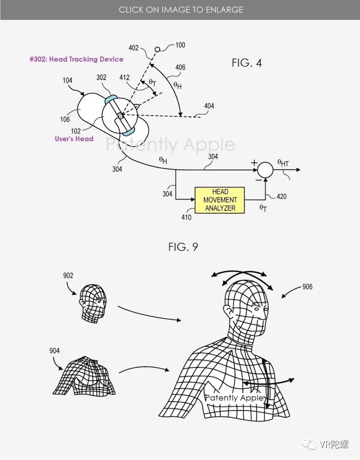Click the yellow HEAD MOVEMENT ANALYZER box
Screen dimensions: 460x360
(x=220, y=200)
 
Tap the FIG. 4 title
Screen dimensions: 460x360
(x=247, y=63)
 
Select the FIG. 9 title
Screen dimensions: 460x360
(x=183, y=246)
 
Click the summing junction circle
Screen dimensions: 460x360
(x=265, y=170)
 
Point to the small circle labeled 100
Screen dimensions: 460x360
(x=157, y=49)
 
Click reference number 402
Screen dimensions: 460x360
(x=134, y=48)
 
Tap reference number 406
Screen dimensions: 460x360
(x=180, y=67)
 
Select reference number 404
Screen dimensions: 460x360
(x=209, y=106)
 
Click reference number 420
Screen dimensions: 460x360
(x=281, y=197)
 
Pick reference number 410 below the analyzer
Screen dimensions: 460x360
(x=186, y=218)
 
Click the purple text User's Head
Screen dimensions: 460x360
(x=74, y=139)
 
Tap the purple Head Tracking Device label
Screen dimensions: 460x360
(x=76, y=59)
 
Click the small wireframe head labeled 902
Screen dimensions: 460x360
(x=94, y=302)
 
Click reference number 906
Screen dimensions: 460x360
(x=307, y=286)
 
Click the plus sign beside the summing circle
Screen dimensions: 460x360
(x=254, y=162)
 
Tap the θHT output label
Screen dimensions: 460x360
(x=283, y=163)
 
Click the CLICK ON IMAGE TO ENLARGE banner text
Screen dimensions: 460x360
(x=181, y=9)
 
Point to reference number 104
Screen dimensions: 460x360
(x=67, y=80)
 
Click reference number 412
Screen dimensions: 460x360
(x=124, y=78)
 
